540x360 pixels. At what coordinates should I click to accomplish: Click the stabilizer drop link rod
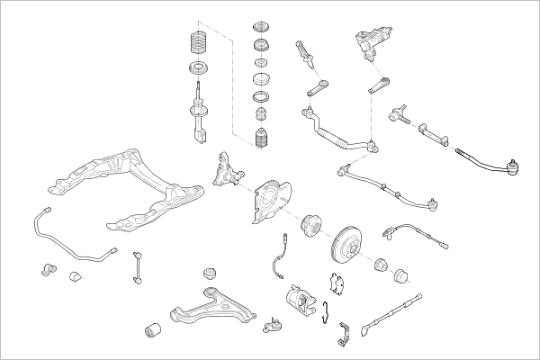139,267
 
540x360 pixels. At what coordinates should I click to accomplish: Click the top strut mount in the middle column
264,27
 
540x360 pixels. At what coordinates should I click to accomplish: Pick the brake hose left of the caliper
278,256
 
